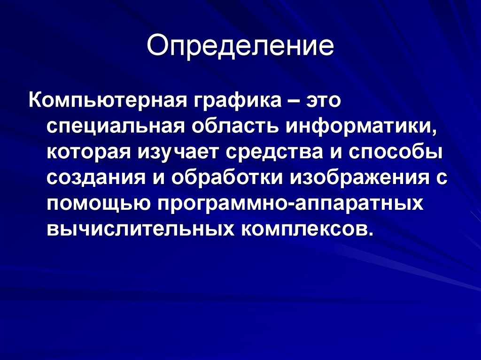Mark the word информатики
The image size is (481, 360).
pyautogui.click(x=362, y=128)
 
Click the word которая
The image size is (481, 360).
pyautogui.click(x=88, y=154)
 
